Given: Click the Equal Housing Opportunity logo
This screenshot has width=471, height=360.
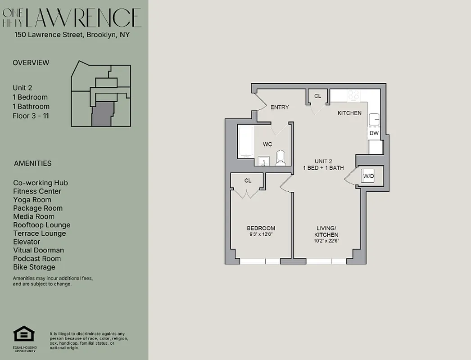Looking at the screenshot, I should click(x=25, y=335).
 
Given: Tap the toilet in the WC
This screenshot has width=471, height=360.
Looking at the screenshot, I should click(x=280, y=158).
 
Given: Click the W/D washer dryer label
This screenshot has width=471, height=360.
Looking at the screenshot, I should click(x=368, y=175).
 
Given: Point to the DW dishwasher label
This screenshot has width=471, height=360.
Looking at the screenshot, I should click(x=374, y=133).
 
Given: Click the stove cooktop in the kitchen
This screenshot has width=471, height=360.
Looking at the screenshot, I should click(x=353, y=95).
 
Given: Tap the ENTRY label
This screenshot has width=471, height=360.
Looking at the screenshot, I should click(x=279, y=107).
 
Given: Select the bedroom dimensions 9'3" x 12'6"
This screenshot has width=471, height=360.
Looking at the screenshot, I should click(x=261, y=234).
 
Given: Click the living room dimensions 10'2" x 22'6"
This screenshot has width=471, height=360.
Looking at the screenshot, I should click(x=326, y=241).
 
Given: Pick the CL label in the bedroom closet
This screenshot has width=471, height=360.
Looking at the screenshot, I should click(x=248, y=180).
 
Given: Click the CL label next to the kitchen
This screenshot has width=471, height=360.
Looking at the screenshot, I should click(x=317, y=96).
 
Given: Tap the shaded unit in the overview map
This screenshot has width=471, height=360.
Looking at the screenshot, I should click(x=101, y=112).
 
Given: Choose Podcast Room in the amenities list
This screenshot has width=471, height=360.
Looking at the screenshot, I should click(x=36, y=259).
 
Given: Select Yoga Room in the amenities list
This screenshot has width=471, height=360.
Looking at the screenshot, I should click(x=32, y=200).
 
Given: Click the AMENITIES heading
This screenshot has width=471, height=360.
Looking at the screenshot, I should click(x=32, y=163).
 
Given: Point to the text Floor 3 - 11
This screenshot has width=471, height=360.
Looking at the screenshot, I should click(x=31, y=116).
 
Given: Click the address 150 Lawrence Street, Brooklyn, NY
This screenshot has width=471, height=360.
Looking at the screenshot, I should click(x=72, y=34).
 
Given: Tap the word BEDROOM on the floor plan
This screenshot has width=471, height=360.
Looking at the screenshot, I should click(x=261, y=228).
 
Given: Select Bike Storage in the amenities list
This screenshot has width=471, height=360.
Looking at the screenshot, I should click(x=34, y=267).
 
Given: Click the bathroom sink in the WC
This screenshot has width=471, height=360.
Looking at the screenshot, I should click(x=264, y=161).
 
